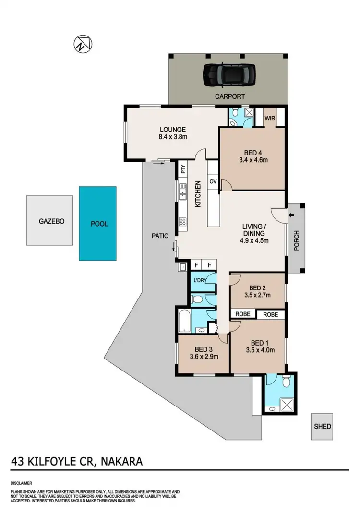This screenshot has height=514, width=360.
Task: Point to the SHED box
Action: click(x=323, y=426)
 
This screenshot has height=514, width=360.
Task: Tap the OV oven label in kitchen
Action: click(x=213, y=181)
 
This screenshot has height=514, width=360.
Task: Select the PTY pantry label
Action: click(x=183, y=169)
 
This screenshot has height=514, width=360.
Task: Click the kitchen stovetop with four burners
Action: click(x=183, y=221)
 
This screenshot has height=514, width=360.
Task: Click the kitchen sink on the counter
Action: click(x=182, y=194)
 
